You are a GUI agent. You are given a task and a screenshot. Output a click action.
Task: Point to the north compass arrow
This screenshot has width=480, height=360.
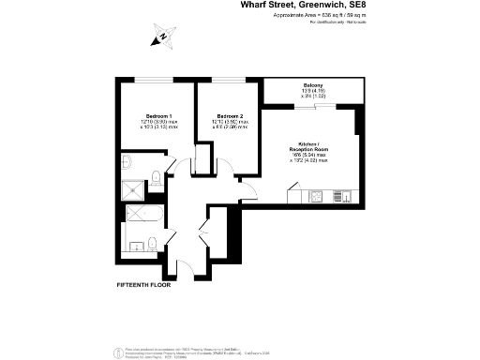(x=162, y=37)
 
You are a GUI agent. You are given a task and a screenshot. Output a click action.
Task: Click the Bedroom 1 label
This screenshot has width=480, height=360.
(x=146, y=117)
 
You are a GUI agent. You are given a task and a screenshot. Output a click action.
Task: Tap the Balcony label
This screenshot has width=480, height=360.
(x=312, y=84)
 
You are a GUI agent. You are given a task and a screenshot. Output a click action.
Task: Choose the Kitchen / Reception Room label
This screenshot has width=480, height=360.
(x=309, y=150)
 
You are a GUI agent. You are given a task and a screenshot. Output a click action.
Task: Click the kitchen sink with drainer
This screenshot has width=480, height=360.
(x=337, y=197)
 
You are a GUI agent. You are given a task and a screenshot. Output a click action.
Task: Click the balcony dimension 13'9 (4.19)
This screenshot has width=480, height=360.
(x=312, y=91)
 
